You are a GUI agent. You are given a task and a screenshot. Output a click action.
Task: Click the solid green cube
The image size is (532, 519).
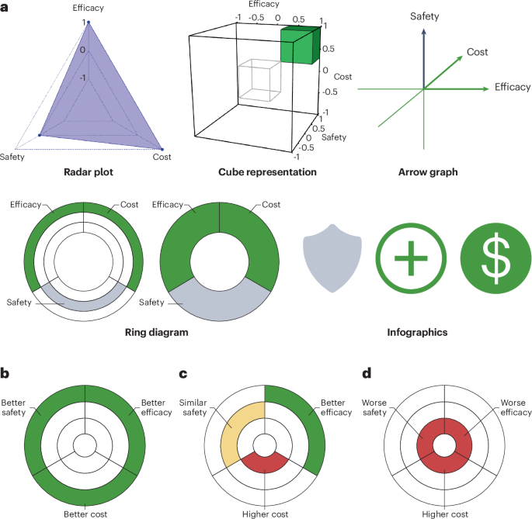click(x=299, y=45)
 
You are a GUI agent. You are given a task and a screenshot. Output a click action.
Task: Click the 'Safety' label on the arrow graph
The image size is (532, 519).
click(x=422, y=16)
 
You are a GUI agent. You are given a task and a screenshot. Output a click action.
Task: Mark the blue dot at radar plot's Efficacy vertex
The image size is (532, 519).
click(x=88, y=22)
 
